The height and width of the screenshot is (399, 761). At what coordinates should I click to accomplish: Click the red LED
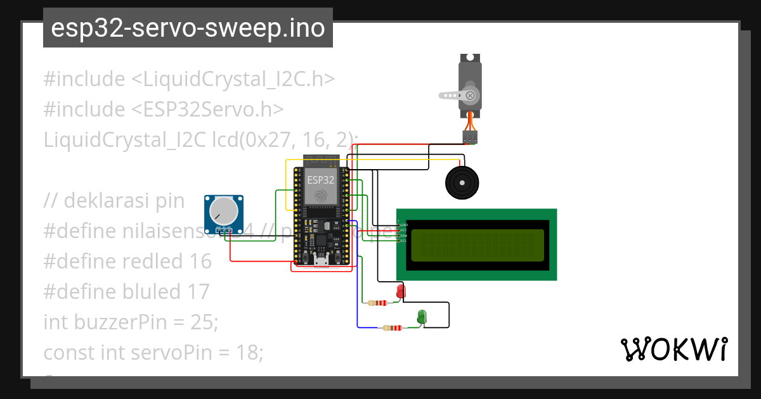(400, 291)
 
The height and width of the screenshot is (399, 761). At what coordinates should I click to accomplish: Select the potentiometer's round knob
(222, 211)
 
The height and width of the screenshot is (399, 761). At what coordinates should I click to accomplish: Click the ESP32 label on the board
(320, 180)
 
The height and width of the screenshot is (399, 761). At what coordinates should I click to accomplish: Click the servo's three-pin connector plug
(470, 137)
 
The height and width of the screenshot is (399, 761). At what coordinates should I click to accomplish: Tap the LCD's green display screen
(477, 245)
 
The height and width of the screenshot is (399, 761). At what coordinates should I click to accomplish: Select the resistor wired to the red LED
(378, 303)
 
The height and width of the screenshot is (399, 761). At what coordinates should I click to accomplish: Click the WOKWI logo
(673, 350)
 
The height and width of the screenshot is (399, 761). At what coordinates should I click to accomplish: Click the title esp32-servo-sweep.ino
(188, 28)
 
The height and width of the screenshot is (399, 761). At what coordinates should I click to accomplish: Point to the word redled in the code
(152, 261)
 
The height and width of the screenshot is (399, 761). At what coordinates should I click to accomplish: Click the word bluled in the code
(152, 291)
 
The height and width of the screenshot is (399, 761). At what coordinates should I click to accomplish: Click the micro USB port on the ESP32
(321, 260)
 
